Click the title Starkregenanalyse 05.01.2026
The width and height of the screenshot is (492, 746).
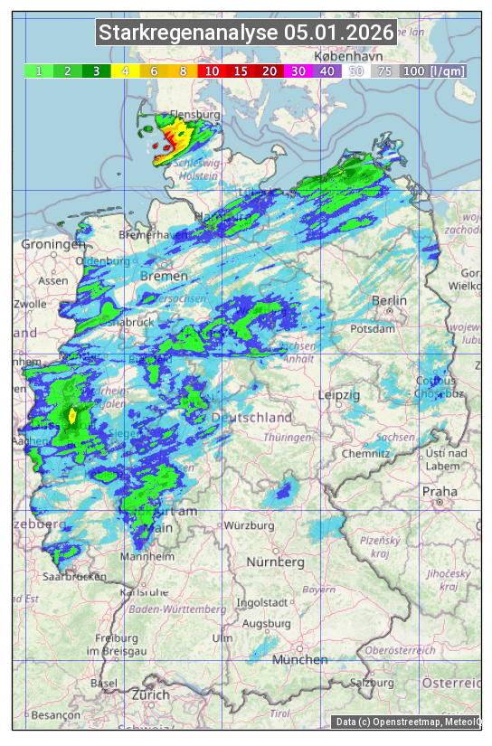click(x=246, y=33)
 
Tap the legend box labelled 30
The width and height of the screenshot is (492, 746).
click(x=298, y=71)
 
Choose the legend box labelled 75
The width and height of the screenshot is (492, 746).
click(x=384, y=71)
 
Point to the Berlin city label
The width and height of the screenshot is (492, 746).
click(x=389, y=300)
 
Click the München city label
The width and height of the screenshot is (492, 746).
click(x=299, y=660)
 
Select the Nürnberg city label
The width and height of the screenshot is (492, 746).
click(x=276, y=562)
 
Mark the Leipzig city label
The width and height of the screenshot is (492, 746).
click(x=339, y=395)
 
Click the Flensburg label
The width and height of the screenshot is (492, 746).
click(x=194, y=116)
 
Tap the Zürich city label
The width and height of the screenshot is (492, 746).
click(x=150, y=694)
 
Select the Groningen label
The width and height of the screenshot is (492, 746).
click(x=53, y=245)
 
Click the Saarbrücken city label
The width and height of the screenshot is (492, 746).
click(x=74, y=576)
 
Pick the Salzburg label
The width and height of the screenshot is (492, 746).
click(x=374, y=683)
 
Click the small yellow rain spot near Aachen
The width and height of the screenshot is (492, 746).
click(x=72, y=415)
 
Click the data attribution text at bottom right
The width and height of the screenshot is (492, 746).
click(x=407, y=722)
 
